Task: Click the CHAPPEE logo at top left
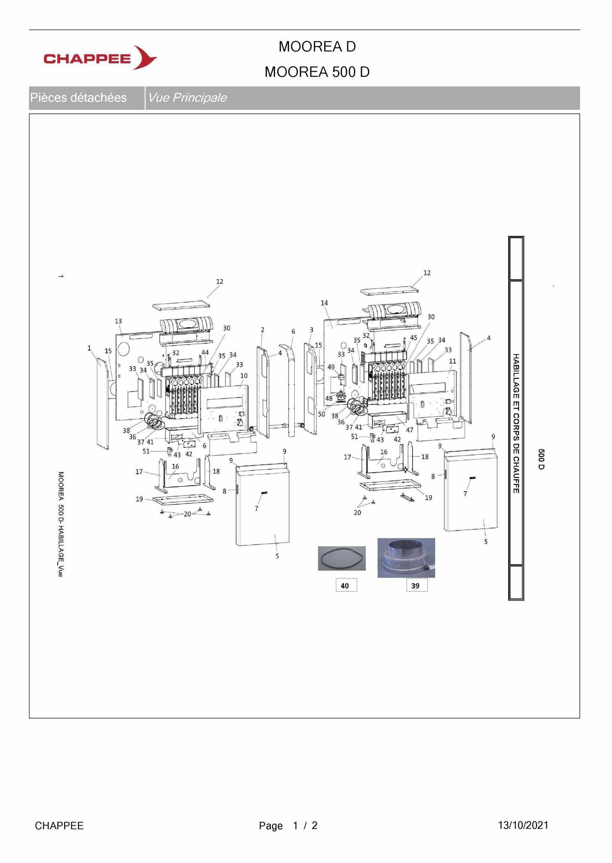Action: coord(100,57)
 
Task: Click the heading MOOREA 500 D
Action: coord(317,72)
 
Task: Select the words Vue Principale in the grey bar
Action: coord(188,97)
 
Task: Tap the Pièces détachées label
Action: coord(78,97)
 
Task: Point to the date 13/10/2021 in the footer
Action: coord(523,825)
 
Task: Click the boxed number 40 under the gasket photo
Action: coord(345,585)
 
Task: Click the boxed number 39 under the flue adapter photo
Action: coord(415,585)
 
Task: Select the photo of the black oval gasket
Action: coord(342,558)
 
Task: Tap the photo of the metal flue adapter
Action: coord(406,558)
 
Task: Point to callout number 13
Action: coord(118,321)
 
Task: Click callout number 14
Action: coord(324,303)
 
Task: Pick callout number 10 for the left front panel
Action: coord(244,375)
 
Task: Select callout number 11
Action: coord(453,361)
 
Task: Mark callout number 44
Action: coord(205,352)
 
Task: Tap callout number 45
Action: coord(414,338)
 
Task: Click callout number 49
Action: coord(331,367)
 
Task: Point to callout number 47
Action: coord(410,430)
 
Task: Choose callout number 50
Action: coord(322,414)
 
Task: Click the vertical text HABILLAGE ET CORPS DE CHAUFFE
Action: coord(516,423)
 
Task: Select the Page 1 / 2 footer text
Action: coord(288,826)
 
